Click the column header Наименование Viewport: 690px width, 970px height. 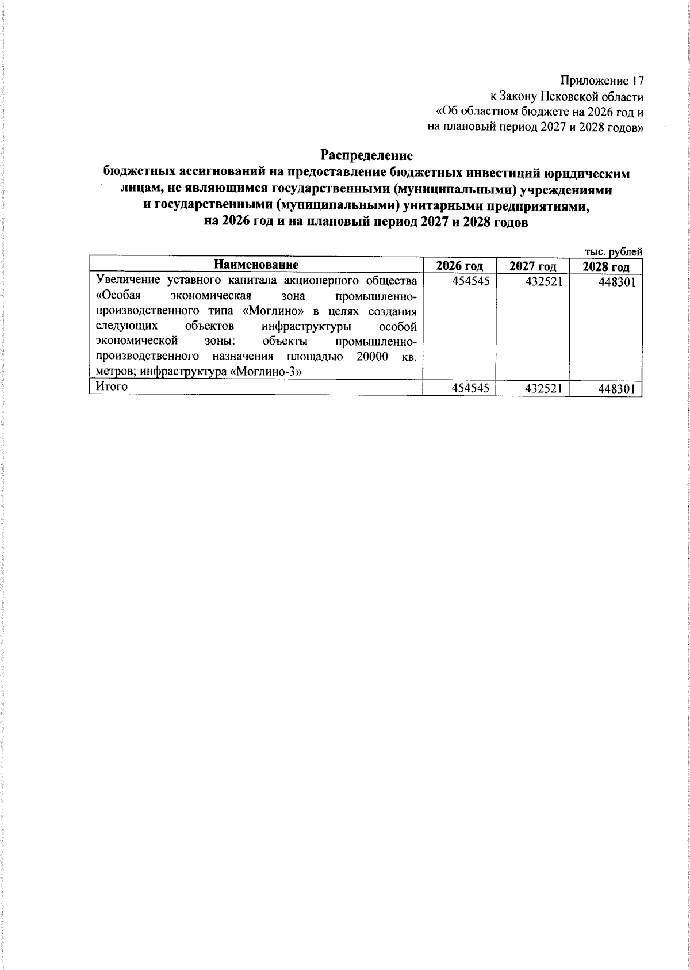256,265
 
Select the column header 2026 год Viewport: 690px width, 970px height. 459,266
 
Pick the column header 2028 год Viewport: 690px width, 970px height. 605,267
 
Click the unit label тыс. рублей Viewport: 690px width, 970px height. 613,251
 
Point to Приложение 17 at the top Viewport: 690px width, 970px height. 601,81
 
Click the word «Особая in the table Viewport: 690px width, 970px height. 118,296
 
